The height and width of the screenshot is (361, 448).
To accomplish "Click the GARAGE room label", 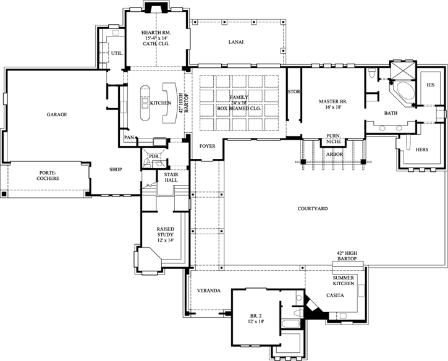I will pyautogui.click(x=56, y=115).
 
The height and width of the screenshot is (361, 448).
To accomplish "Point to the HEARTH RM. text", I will pyautogui.click(x=156, y=32).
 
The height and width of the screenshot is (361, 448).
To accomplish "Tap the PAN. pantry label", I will pyautogui.click(x=129, y=137).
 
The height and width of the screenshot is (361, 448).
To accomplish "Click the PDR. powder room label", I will pyautogui.click(x=153, y=157).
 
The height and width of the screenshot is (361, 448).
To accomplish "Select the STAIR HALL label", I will pyautogui.click(x=171, y=177).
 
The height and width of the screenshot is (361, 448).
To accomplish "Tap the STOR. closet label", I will pyautogui.click(x=294, y=92).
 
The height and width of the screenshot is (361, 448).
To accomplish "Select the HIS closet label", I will pyautogui.click(x=430, y=85).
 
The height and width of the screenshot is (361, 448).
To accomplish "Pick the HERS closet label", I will pyautogui.click(x=421, y=150).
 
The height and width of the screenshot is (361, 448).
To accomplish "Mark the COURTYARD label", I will pyautogui.click(x=311, y=209).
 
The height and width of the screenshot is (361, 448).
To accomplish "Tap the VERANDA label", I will pyautogui.click(x=209, y=291).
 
